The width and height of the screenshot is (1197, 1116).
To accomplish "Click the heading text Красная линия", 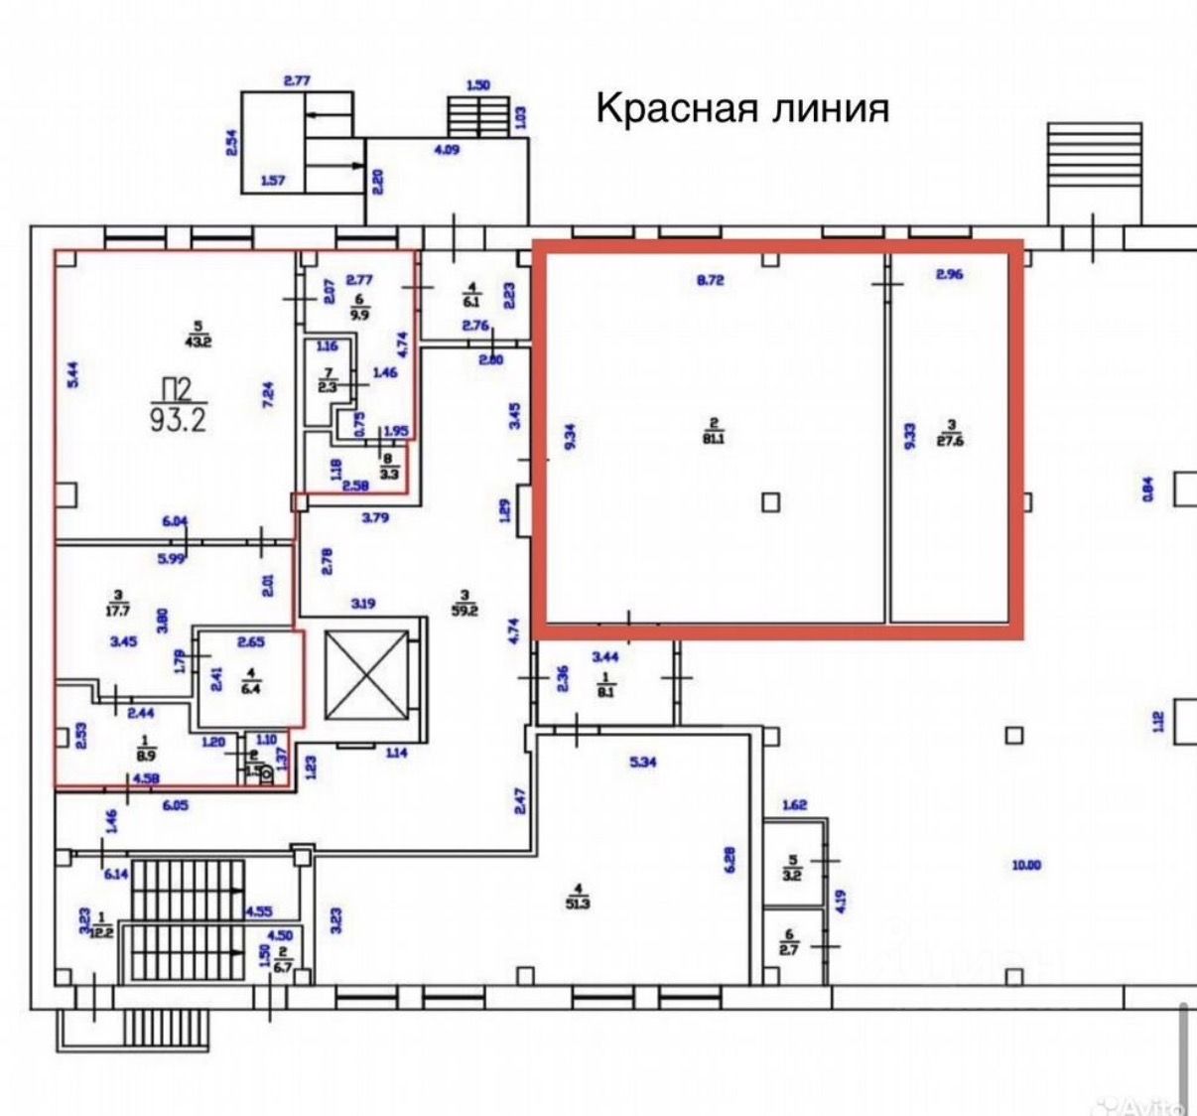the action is pos(741,107).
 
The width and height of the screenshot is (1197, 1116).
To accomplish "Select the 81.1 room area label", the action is pos(713,433).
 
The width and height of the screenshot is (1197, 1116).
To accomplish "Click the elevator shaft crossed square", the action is pos(366,674).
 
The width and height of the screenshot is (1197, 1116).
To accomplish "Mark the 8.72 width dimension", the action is pos(711,280).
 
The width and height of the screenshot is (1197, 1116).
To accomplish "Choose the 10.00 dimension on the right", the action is pos(1026,865).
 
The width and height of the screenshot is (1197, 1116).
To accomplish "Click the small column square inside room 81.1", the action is pos(771,502).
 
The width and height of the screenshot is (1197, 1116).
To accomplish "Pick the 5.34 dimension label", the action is pos(643,763).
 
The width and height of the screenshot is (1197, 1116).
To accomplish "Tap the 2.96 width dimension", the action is pos(950,274).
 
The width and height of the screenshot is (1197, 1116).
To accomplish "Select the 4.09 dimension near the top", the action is pos(447,150).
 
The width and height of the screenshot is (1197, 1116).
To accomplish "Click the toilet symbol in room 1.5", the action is pos(265,775).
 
